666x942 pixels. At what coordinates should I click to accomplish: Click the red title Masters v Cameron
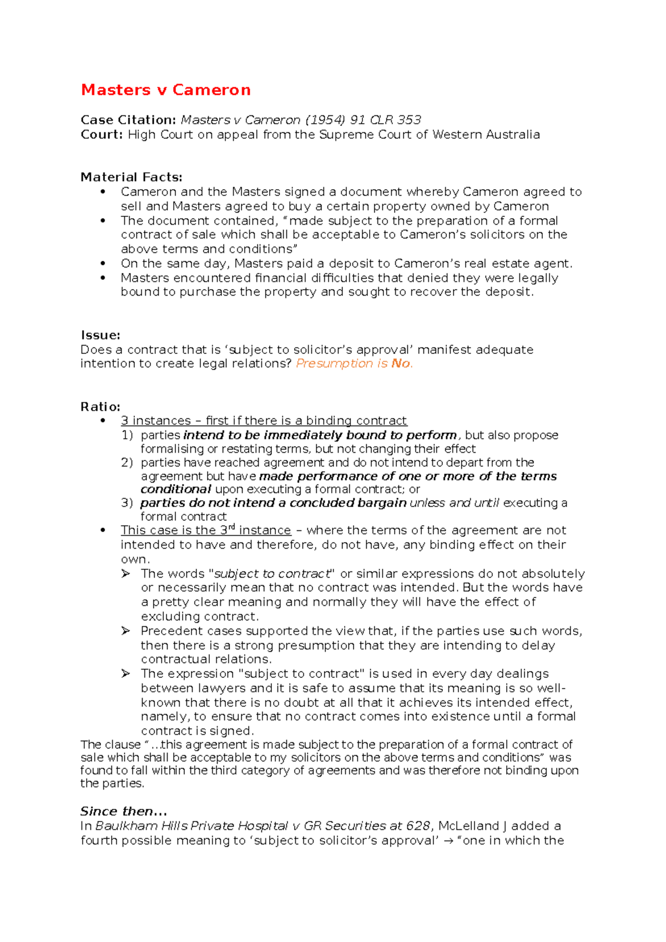tap(165, 90)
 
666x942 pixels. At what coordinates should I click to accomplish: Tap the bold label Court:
tap(102, 134)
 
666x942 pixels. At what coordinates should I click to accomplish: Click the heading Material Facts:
tap(131, 177)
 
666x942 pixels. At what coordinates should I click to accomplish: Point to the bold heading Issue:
tap(100, 335)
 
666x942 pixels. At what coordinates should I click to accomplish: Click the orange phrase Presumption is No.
tap(354, 363)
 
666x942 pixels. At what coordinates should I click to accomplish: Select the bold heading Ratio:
tap(100, 406)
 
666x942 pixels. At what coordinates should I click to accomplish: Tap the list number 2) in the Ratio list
tap(127, 463)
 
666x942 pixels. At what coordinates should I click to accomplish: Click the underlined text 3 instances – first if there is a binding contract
tap(264, 421)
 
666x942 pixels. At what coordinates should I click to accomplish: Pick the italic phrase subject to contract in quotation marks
tap(272, 574)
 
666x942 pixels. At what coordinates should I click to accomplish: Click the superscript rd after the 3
tap(232, 526)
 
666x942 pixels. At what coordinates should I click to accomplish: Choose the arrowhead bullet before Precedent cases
tap(126, 631)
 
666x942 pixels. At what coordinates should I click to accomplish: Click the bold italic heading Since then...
tap(123, 811)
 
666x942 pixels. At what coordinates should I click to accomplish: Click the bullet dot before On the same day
tap(103, 264)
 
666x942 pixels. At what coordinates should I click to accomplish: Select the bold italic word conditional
tap(175, 489)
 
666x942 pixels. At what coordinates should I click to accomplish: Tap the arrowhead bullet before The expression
tap(126, 673)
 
